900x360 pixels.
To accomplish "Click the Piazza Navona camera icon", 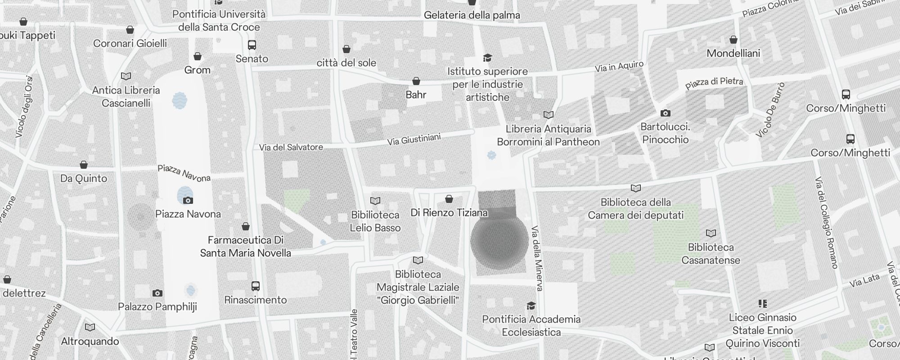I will pyautogui.click(x=188, y=200).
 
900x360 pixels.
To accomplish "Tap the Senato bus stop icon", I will pyautogui.click(x=252, y=45).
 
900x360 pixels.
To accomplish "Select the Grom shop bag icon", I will pyautogui.click(x=198, y=56).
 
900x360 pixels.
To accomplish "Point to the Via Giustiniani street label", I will pyautogui.click(x=414, y=139).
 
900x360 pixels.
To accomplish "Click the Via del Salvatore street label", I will pyautogui.click(x=291, y=147).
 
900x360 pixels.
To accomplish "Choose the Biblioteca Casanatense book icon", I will pyautogui.click(x=711, y=233).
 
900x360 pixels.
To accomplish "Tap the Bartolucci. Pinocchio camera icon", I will pyautogui.click(x=665, y=113).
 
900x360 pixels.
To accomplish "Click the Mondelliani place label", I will pyautogui.click(x=733, y=53).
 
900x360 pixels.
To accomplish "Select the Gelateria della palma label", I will pyautogui.click(x=472, y=15).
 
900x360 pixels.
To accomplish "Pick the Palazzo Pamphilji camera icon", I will pyautogui.click(x=157, y=293).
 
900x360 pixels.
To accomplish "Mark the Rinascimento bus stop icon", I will pyautogui.click(x=255, y=286).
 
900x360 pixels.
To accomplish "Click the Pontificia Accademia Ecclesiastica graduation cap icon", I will pyautogui.click(x=531, y=306).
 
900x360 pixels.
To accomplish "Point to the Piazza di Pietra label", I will pyautogui.click(x=714, y=83).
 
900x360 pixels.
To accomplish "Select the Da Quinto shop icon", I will pyautogui.click(x=84, y=165).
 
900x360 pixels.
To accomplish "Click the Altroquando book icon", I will pyautogui.click(x=90, y=327).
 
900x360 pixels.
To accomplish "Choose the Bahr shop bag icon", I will pyautogui.click(x=416, y=81).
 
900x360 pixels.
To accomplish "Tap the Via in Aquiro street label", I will pyautogui.click(x=619, y=67).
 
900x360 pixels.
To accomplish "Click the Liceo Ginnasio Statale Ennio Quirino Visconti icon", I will pyautogui.click(x=762, y=304).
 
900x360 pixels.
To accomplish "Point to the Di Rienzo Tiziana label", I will pyautogui.click(x=449, y=212).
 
